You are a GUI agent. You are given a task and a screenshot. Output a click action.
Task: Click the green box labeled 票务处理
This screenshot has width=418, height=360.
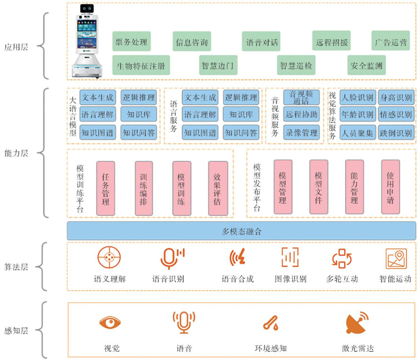131,41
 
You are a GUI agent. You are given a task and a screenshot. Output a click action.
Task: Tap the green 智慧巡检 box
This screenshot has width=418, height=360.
296,65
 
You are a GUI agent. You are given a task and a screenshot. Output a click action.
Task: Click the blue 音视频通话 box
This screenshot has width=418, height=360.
301,97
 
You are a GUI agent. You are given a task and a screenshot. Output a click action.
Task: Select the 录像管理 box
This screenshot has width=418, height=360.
301,133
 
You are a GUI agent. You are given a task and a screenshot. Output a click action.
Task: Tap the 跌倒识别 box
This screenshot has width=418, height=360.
395,133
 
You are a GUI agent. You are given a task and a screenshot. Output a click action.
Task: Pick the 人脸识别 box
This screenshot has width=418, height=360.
357,97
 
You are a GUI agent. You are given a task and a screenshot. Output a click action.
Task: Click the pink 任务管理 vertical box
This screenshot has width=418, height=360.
105,188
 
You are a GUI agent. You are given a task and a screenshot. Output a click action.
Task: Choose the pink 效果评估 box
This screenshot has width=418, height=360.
218,188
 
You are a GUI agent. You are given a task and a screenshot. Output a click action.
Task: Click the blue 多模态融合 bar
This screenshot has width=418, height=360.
241,231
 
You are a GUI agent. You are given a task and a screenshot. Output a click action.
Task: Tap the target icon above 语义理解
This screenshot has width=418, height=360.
109,257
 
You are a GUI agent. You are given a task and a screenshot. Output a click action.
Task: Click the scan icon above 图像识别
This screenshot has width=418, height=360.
290,257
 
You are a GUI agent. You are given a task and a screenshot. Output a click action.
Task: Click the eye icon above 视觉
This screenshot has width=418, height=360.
110,322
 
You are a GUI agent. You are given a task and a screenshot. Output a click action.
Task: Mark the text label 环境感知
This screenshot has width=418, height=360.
271,348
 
